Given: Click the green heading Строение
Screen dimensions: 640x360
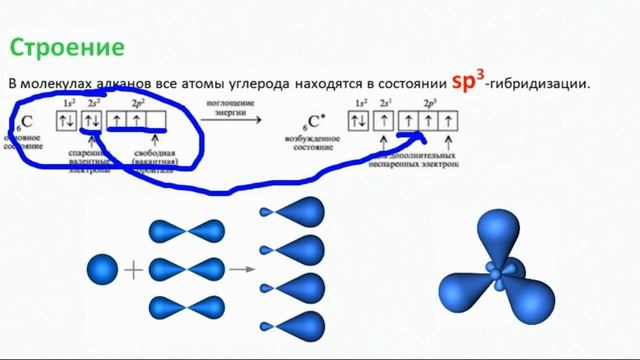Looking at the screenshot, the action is [67, 47].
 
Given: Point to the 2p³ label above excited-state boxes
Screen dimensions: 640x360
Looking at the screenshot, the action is [431, 103].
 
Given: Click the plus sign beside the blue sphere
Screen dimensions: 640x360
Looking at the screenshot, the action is [133, 269].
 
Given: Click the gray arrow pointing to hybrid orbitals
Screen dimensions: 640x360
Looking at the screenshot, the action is [238, 269].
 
